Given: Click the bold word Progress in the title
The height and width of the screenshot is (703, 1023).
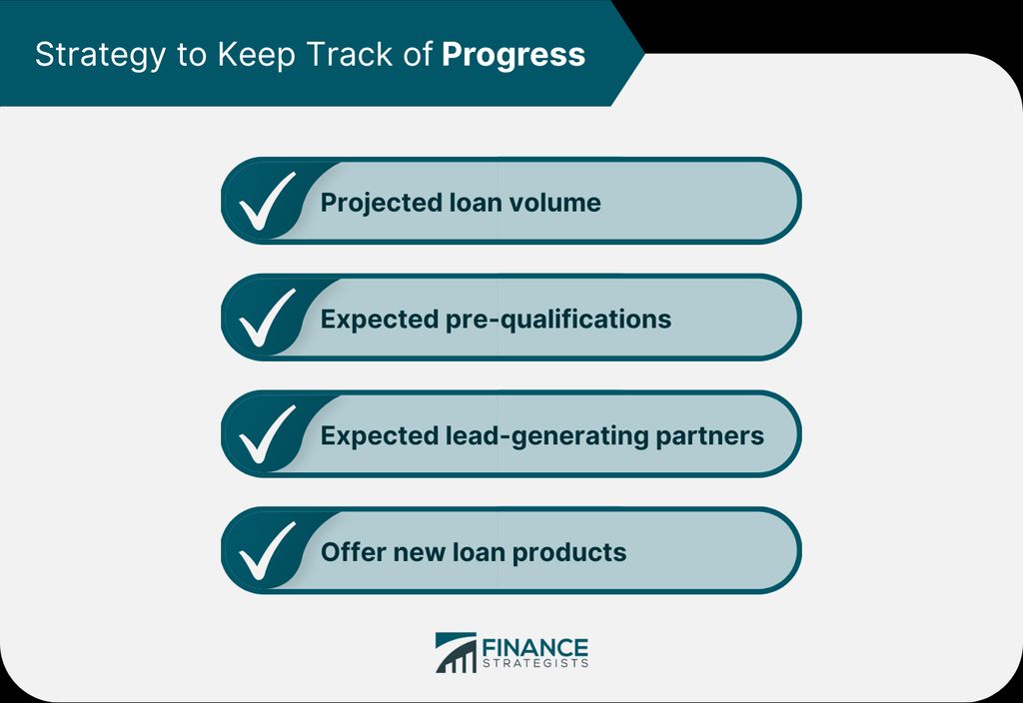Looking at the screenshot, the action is pos(513,56).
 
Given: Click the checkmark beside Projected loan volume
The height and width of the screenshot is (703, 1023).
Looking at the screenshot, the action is pos(267,201).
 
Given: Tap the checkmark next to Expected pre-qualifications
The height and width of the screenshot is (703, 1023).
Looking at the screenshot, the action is pos(267,318).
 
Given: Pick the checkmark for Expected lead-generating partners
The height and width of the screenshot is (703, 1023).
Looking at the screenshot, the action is pos(267,434).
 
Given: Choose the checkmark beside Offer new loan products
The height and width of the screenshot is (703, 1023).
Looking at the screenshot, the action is pos(267,551).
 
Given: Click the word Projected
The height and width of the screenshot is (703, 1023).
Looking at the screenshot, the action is pos(381,203).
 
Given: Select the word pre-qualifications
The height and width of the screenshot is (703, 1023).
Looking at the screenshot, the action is pos(557,320).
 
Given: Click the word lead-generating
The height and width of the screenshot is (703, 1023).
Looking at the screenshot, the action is pos(546,436).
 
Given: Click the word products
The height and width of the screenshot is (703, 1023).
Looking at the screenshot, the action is pos(568,553).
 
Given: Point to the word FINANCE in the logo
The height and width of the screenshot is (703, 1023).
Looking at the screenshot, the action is pos(535,648).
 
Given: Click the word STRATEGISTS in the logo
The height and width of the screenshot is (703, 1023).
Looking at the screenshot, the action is pos(535,663).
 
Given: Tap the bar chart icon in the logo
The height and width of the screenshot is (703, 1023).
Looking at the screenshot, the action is pos(456,652).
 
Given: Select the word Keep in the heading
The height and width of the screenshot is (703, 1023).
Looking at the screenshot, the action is pos(257,56).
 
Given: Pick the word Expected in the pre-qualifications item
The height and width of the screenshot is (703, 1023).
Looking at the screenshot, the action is pos(379,320).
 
